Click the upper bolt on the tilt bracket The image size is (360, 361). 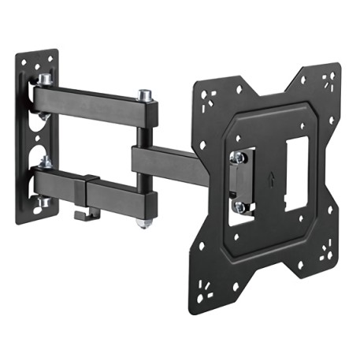point(236,158)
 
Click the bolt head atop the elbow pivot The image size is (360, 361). point(144,95)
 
